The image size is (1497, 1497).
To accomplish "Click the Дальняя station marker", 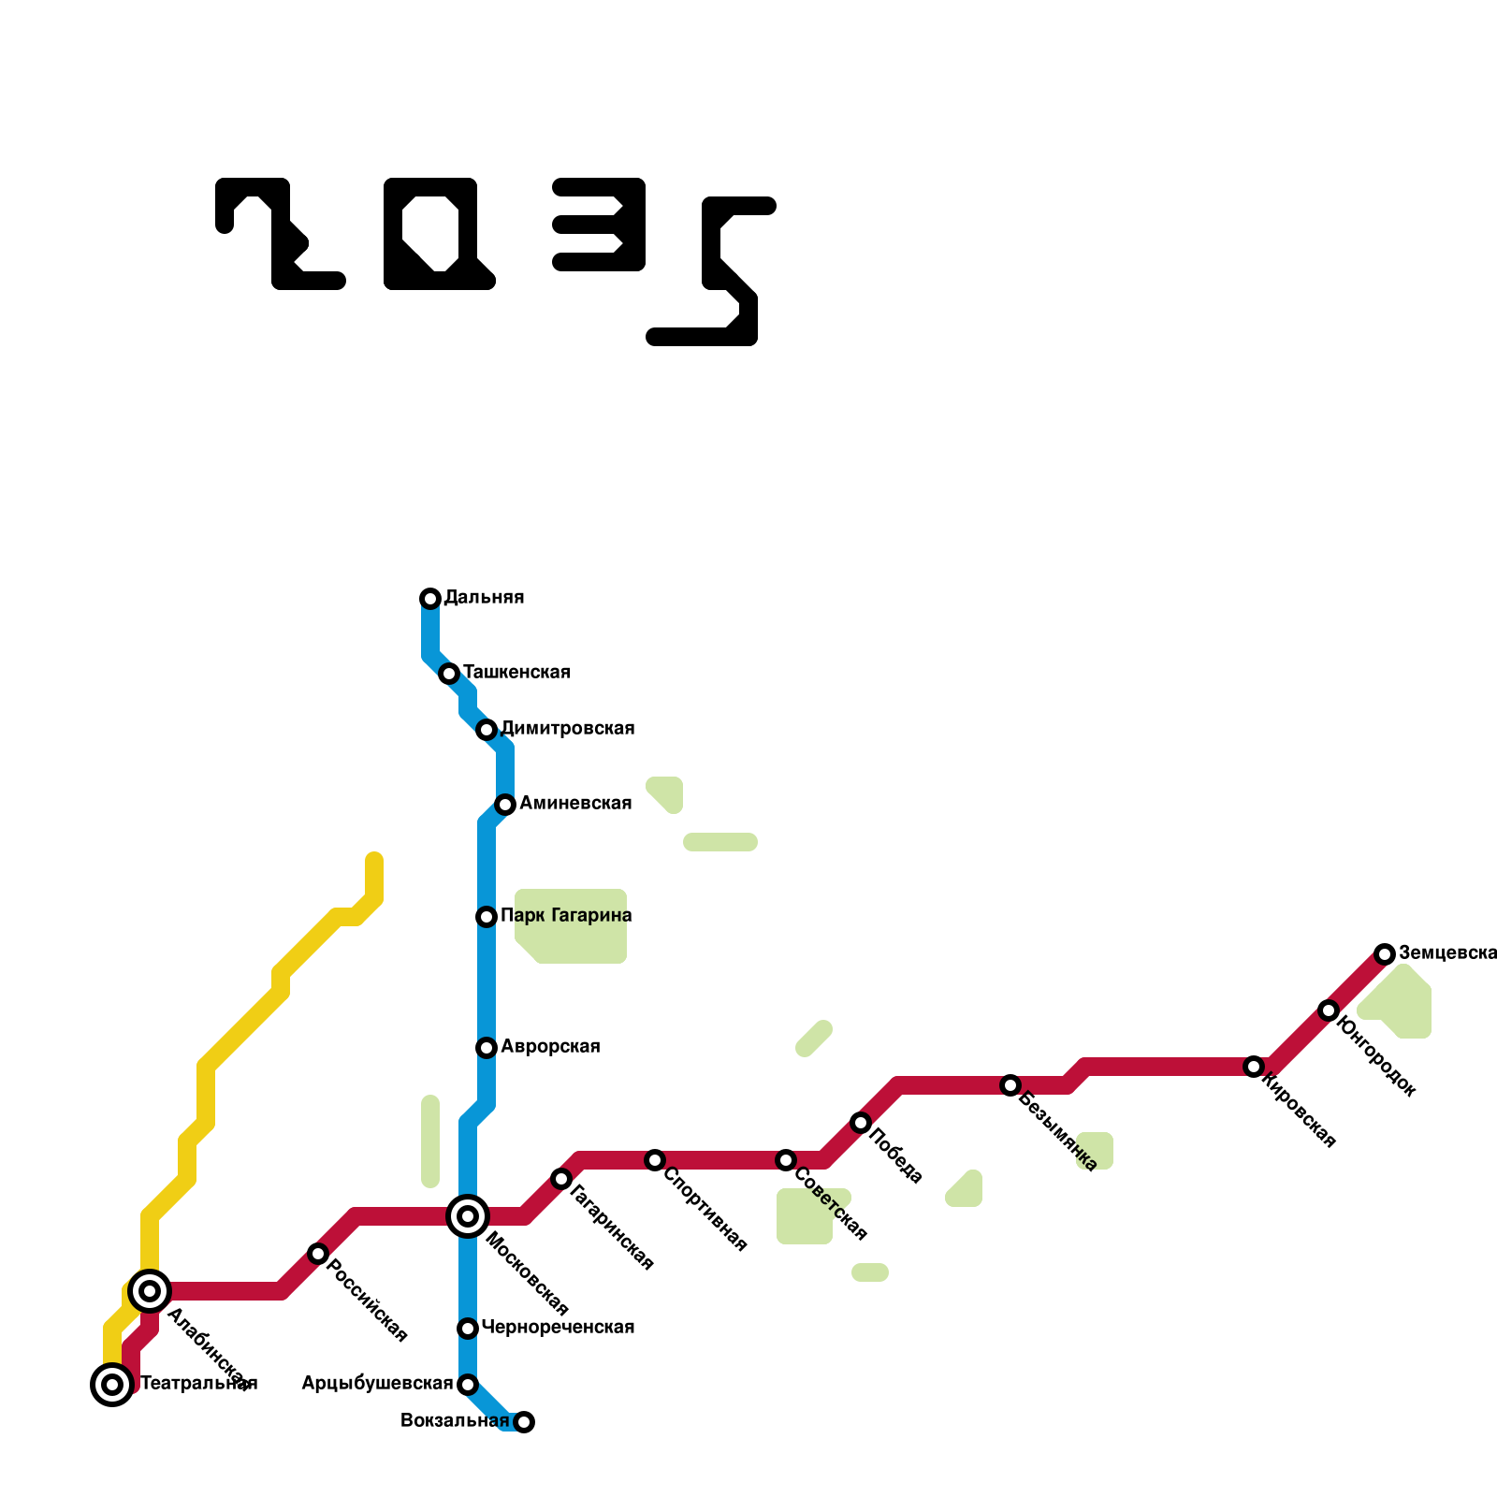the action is tap(430, 599).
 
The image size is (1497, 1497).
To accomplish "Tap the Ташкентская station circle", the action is tap(449, 674).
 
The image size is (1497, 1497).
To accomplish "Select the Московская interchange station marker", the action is tap(468, 1216).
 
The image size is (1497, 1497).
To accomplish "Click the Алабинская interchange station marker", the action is tap(150, 1291).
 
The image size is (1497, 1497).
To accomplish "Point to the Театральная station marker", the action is tap(112, 1385).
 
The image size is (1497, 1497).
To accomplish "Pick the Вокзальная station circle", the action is tap(524, 1422).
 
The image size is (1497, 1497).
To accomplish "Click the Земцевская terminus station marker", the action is tap(1385, 954).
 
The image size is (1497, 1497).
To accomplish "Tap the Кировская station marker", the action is tap(1254, 1067).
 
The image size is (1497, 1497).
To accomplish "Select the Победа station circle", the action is tap(861, 1123).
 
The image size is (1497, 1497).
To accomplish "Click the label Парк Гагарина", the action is tap(566, 916).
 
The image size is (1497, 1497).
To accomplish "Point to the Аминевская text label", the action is tap(575, 804).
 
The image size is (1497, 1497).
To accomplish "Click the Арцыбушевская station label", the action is tap(377, 1384).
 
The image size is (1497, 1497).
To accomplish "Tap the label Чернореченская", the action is tap(558, 1328).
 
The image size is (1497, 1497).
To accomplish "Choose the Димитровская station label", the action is tap(568, 729).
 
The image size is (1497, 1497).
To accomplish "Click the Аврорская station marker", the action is tap(487, 1048).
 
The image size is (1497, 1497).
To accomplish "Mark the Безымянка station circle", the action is tap(1010, 1085).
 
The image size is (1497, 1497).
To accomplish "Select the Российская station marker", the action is tap(318, 1254).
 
